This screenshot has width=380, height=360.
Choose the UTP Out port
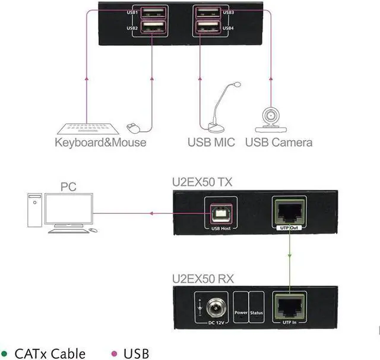click(289, 211)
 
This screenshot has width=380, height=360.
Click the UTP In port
click(289, 305)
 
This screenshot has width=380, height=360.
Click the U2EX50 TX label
click(202, 181)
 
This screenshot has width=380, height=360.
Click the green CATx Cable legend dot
click(5, 353)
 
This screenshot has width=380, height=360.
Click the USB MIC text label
click(211, 143)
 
